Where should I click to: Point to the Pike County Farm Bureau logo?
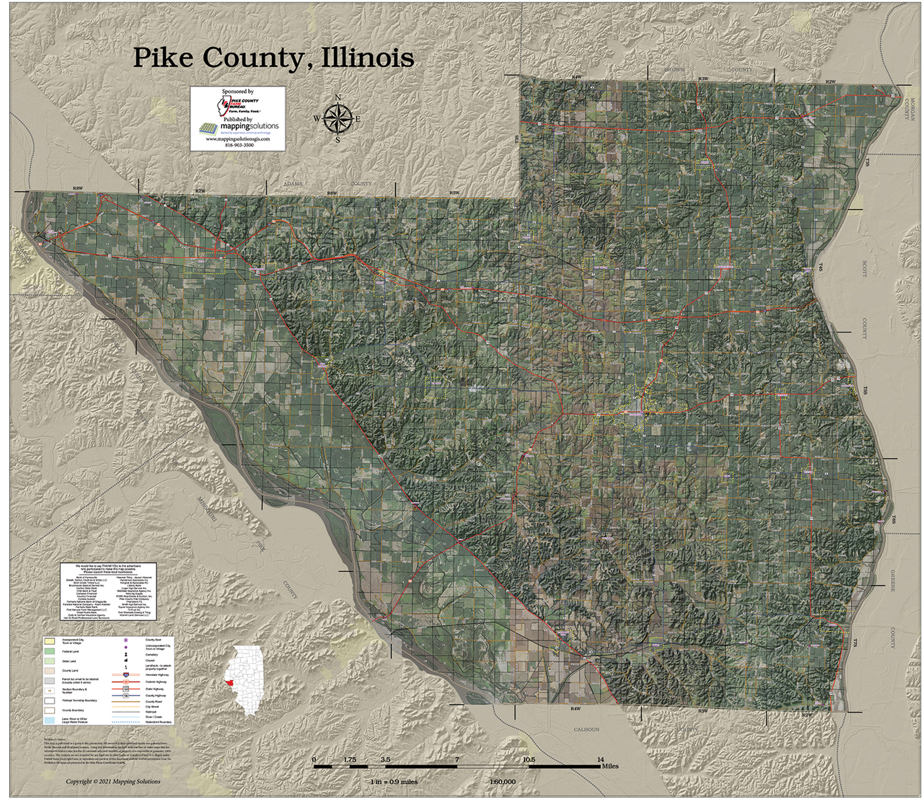coord(238,107)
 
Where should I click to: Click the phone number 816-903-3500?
coord(239,146)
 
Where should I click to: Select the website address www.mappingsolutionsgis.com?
coord(239,139)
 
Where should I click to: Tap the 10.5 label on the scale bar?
coord(529,759)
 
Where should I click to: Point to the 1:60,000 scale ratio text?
coord(503,782)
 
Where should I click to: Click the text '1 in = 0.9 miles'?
coord(392,782)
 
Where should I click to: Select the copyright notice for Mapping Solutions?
coord(113,782)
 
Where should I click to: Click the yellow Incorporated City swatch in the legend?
coord(49,640)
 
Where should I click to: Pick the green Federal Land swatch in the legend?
coord(49,651)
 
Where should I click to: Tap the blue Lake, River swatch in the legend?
coord(49,720)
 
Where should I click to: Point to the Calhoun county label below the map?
coord(586,729)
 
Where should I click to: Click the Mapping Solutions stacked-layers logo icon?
coord(207,129)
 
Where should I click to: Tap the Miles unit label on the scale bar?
coord(610,767)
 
